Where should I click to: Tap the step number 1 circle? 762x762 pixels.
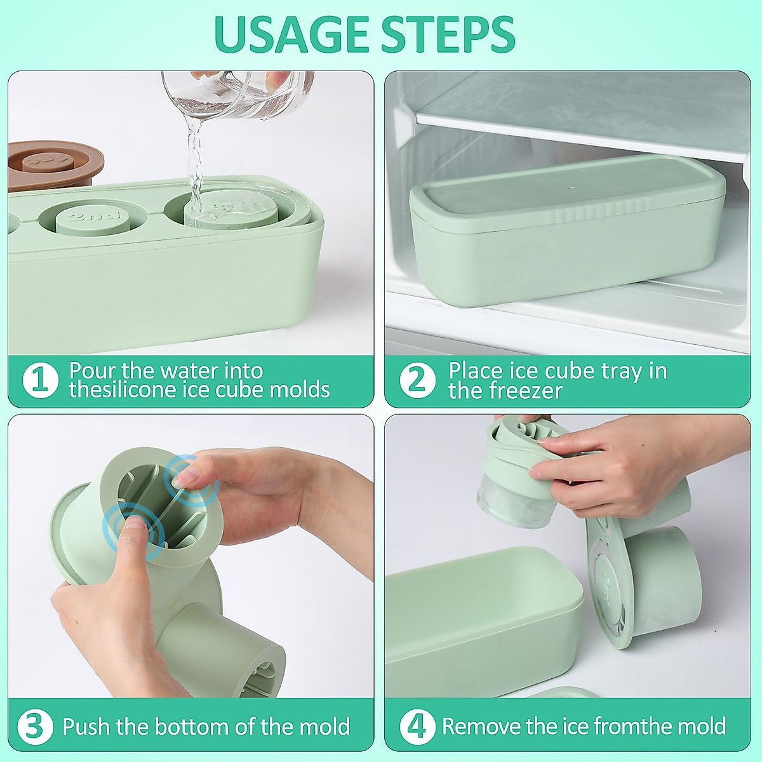[x=40, y=380]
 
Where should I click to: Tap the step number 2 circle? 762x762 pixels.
[x=417, y=380]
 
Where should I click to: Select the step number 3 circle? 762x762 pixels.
[x=35, y=726]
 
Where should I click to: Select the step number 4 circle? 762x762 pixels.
[x=417, y=726]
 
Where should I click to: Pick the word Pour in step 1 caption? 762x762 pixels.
[x=93, y=370]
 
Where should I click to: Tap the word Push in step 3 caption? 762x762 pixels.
[x=87, y=726]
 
